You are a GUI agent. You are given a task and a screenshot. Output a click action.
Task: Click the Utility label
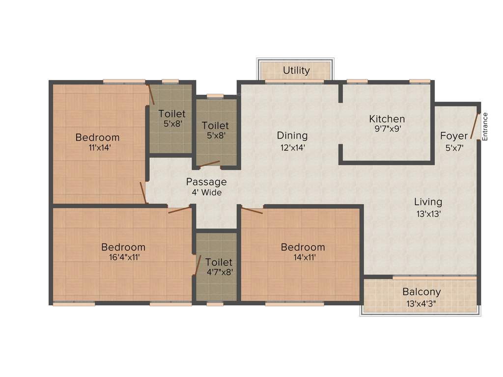click(296, 71)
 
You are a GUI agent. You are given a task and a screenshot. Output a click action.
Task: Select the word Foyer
click(453, 136)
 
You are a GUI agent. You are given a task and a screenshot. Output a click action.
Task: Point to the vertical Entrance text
click(485, 127)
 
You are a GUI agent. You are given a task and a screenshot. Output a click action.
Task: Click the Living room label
click(428, 202)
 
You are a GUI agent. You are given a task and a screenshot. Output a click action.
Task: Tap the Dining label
click(292, 135)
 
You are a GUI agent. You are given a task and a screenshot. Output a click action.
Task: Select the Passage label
click(206, 182)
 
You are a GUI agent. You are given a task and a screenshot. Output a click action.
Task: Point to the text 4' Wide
click(206, 192)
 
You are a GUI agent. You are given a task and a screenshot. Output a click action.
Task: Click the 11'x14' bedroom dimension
click(97, 148)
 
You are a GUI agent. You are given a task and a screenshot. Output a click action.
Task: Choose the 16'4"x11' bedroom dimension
click(123, 257)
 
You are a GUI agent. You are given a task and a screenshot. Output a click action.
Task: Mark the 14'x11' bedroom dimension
click(303, 257)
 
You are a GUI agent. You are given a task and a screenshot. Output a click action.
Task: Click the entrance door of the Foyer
click(475, 126)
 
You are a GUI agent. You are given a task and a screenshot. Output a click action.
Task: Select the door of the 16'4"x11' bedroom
click(179, 210)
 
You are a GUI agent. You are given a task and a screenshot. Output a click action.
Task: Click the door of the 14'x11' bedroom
click(252, 211)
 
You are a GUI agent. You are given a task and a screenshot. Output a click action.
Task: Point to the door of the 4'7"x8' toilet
click(197, 265)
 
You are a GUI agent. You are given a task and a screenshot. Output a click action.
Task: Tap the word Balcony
click(421, 292)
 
